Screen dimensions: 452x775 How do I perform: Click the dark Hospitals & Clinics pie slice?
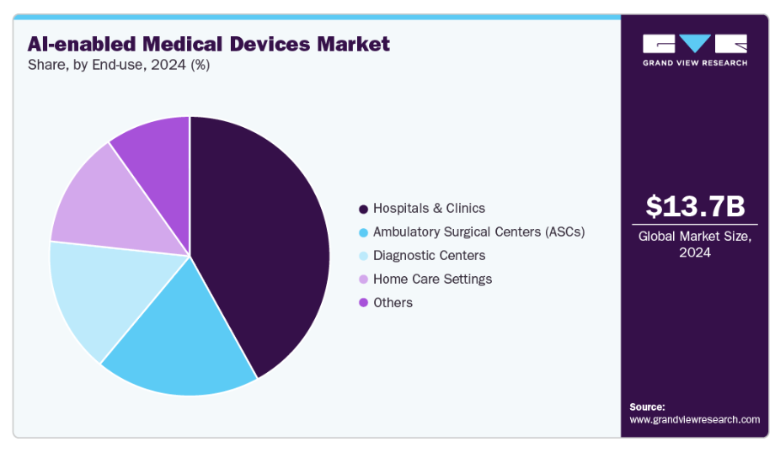[x=261, y=244]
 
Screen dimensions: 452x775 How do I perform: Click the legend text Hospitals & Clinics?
[x=429, y=208]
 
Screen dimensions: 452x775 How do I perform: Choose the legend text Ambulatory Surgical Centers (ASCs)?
[x=478, y=231]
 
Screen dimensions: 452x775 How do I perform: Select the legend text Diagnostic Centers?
[x=429, y=255]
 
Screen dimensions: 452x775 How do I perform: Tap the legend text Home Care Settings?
[x=432, y=279]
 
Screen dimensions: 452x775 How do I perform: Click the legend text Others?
[x=393, y=302]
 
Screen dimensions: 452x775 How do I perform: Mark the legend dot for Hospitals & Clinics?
[x=363, y=209]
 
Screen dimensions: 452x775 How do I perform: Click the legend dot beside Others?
[x=363, y=302]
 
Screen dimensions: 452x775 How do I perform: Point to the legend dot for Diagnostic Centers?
[x=363, y=255]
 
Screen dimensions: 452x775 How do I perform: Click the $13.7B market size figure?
[x=695, y=206]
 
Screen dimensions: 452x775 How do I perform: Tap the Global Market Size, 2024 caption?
[x=695, y=244]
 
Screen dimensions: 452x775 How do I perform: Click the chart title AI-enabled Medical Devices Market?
[x=208, y=44]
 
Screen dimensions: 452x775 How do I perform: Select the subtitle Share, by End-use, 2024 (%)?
[x=118, y=66]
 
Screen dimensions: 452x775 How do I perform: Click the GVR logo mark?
[x=695, y=44]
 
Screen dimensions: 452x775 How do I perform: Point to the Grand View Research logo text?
[x=695, y=63]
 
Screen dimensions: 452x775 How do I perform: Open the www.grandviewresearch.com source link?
[x=694, y=419]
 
